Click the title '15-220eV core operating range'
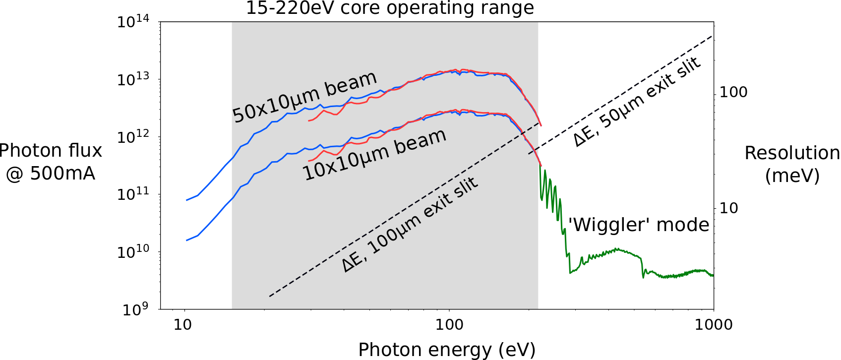coord(390,8)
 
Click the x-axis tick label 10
coord(182,325)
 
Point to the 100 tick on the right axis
coord(733,92)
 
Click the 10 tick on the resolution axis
coord(728,208)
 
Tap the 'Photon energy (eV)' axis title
coord(447,350)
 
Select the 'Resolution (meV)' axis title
coord(792,164)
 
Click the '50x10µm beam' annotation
coord(304,97)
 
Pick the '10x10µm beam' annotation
coord(374,155)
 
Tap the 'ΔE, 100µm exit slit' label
coord(410,225)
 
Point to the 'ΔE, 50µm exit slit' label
coord(637,102)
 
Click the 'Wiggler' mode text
coord(639,225)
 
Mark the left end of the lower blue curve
coord(186,240)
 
